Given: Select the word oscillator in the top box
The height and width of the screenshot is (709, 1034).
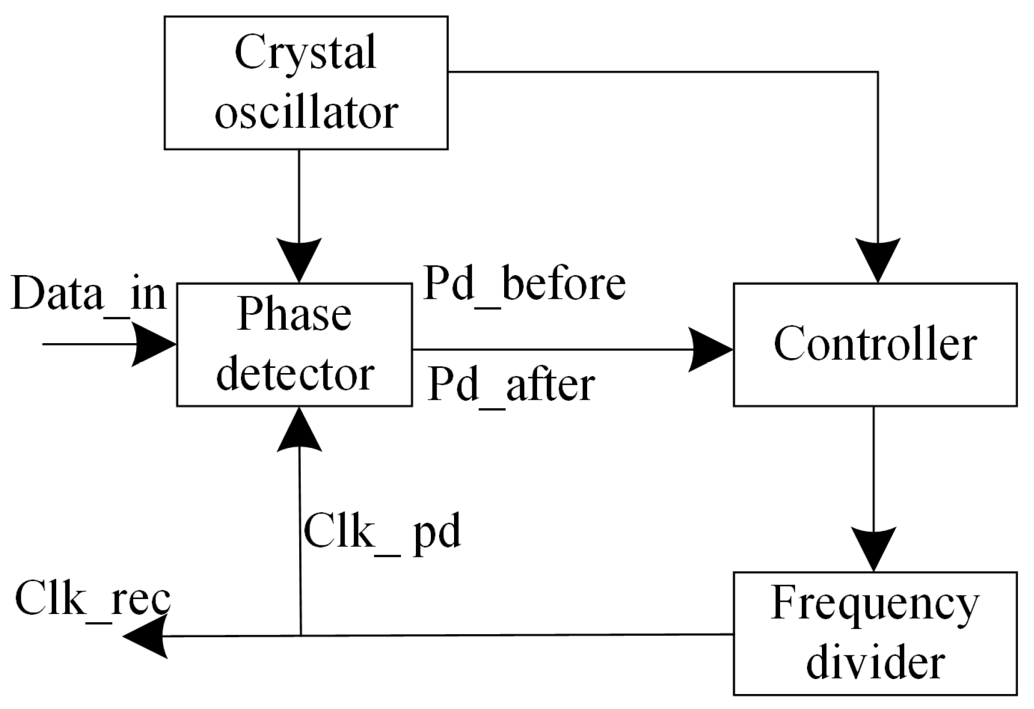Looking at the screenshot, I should point(306,112).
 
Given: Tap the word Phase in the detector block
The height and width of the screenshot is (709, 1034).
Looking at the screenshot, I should point(294,315).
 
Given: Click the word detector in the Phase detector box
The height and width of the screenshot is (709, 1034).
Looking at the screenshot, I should point(295,374).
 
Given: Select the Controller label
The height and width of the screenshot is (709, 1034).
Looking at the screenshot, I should point(875,344).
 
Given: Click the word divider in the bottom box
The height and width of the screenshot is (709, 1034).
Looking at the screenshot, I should point(875,663).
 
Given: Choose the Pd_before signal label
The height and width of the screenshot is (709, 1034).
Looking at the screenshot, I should point(524,284).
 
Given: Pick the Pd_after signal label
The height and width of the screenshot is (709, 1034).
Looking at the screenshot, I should point(511,385).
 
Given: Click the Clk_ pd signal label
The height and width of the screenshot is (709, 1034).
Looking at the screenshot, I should point(382,532).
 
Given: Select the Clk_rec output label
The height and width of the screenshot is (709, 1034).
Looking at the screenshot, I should point(93,599).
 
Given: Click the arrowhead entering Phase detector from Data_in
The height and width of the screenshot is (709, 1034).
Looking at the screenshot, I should point(155,344).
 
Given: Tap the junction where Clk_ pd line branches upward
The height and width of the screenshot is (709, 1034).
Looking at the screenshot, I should point(300,636).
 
